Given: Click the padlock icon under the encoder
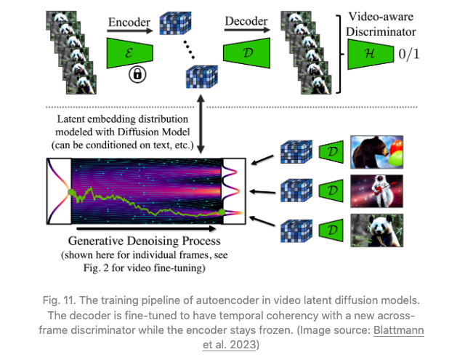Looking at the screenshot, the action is [x=137, y=74].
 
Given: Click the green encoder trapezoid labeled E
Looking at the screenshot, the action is [x=130, y=53].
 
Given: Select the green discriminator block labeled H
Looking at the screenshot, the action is [x=371, y=55].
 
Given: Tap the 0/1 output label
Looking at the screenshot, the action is [x=409, y=54].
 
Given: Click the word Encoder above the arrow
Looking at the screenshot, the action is [x=129, y=22].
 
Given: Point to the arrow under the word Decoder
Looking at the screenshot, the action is [x=247, y=30].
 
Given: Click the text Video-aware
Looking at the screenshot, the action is [x=381, y=17].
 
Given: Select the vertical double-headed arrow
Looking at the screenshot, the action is [x=201, y=124].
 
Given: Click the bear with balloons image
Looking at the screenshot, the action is [x=377, y=152].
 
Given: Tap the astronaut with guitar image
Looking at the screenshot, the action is [x=377, y=191].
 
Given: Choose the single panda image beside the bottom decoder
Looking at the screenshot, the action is [x=377, y=231].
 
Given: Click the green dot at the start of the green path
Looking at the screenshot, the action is [x=71, y=192].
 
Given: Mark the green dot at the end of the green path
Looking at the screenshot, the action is [x=222, y=212].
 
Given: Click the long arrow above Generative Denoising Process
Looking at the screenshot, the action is [x=146, y=228].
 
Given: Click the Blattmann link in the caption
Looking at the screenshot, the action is [x=398, y=330].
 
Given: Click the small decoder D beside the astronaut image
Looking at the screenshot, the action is [x=331, y=191].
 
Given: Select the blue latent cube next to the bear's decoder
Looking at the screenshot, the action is [x=296, y=151].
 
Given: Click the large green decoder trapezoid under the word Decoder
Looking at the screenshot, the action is [x=247, y=53].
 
